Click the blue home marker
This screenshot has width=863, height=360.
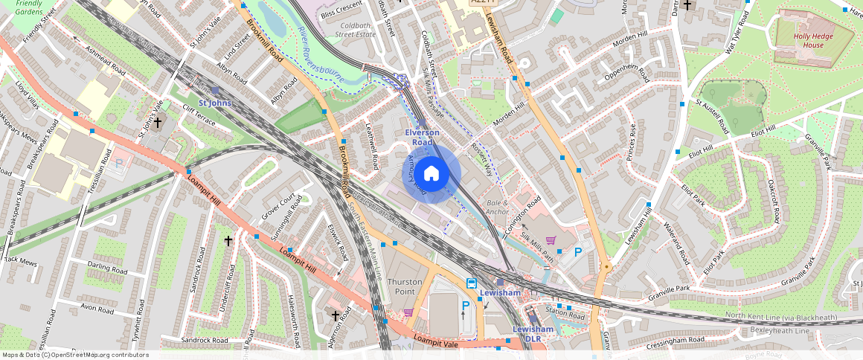click(x=431, y=173)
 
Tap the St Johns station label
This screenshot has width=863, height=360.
click(x=215, y=103)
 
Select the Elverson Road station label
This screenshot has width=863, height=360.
click(x=422, y=137)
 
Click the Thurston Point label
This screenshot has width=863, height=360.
click(x=405, y=286)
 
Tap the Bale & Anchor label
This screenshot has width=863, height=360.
click(x=498, y=207)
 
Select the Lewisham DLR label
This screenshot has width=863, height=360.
click(x=533, y=333)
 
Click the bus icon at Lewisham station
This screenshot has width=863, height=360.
click(x=472, y=283)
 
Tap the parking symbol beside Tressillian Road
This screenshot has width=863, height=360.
click(x=118, y=163)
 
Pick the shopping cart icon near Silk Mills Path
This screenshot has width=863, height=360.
click(x=551, y=240)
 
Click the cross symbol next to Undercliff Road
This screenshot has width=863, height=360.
click(x=229, y=241)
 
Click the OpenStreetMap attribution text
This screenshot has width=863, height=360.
click(x=75, y=355)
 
